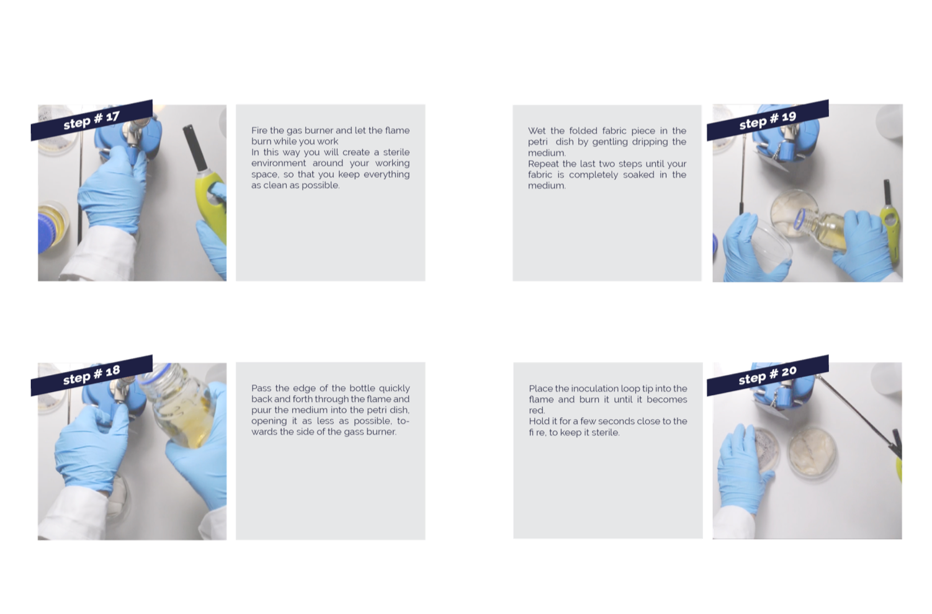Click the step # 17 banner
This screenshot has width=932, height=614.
[x=92, y=120]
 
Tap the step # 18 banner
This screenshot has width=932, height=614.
[x=92, y=376]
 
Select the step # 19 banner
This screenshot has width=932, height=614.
[x=768, y=120]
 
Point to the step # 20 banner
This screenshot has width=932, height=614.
[x=768, y=376]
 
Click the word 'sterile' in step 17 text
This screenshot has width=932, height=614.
[x=397, y=152]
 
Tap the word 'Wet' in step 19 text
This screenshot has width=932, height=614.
[x=536, y=131]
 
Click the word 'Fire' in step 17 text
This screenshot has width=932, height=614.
[x=259, y=131]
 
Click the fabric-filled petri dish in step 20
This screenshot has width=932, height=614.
[x=812, y=452]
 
